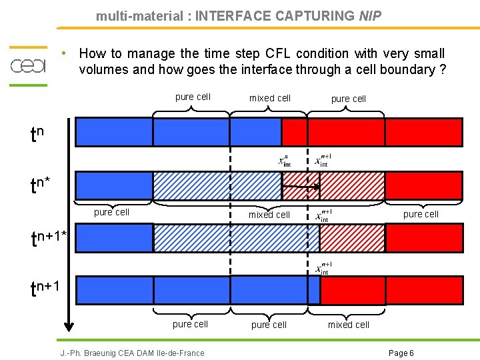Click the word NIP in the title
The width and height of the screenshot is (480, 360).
click(370, 15)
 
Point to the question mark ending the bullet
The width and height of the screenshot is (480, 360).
click(443, 69)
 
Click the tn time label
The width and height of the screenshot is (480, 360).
click(37, 135)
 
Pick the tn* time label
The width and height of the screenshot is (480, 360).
click(41, 185)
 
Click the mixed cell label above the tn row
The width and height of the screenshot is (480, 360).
click(270, 98)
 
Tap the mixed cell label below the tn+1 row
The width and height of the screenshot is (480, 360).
click(348, 325)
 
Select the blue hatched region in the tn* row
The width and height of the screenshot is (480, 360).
click(217, 185)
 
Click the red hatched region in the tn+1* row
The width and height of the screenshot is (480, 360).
click(352, 237)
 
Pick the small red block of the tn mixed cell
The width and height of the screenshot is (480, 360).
click(294, 131)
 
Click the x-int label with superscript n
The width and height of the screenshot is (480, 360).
click(285, 161)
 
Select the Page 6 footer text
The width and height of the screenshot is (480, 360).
click(401, 353)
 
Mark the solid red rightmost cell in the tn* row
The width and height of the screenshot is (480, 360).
click(423, 185)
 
